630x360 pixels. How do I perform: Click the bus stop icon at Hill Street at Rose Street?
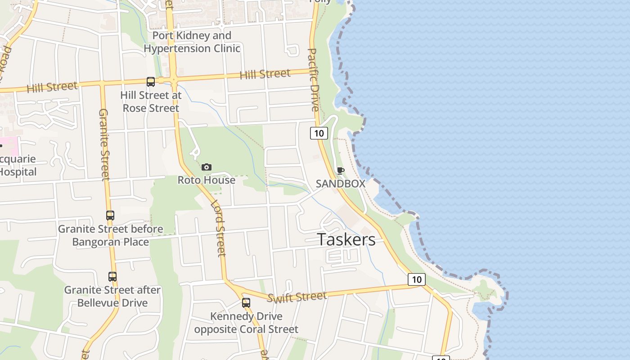pos(151,82)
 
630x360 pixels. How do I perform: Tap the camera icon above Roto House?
pos(207,167)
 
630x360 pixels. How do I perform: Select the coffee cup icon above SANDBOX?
pos(340,171)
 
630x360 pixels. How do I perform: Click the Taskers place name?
pos(346,239)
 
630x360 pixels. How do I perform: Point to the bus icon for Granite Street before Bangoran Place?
pos(110,216)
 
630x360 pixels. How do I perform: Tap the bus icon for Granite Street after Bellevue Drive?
pos(112,277)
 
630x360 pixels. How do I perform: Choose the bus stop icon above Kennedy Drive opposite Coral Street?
pos(246,303)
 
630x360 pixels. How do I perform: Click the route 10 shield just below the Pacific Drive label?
pos(319,133)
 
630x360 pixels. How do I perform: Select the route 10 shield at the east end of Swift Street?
pos(417,279)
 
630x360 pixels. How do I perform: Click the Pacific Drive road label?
pos(314,80)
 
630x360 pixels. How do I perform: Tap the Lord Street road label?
pos(218,228)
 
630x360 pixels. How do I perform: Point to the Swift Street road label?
pos(297,297)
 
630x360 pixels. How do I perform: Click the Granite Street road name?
pos(104,144)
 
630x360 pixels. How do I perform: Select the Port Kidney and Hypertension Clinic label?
pos(192,42)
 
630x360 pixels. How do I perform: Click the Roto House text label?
pos(207,180)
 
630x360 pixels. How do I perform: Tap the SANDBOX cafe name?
pos(340,184)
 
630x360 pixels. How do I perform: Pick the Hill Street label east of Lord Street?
pos(265,74)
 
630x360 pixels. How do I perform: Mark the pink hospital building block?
pos(9,146)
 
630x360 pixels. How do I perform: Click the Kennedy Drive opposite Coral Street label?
pos(246,323)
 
